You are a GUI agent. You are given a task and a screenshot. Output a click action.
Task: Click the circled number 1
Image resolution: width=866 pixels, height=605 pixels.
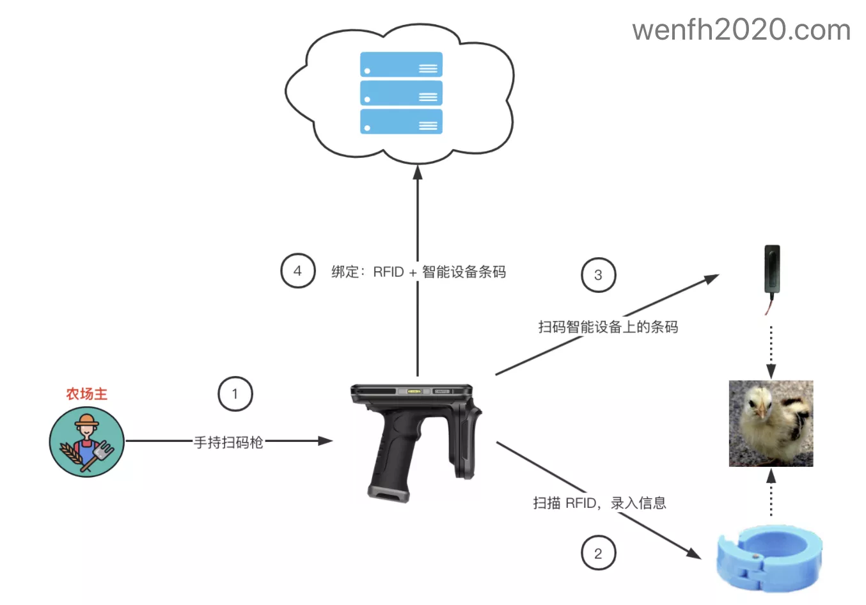coord(235,394)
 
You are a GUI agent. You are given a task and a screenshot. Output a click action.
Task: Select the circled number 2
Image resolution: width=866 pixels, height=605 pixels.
coord(598,553)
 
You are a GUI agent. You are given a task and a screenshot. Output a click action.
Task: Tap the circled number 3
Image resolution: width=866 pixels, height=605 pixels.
coord(598,275)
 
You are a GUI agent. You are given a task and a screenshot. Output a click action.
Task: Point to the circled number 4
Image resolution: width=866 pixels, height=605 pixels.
coord(297,271)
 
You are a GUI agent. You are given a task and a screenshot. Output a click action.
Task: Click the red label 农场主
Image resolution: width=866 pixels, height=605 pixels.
coord(87,394)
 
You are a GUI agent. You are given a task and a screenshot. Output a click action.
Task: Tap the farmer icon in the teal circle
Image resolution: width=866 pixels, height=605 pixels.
coord(87,442)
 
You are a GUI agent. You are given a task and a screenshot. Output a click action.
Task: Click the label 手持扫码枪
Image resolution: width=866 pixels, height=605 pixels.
coord(228,442)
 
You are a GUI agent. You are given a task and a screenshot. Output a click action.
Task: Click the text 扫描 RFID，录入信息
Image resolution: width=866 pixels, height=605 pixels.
coord(599,503)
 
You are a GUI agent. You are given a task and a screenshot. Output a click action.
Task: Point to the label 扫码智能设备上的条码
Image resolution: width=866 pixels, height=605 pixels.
coord(608,327)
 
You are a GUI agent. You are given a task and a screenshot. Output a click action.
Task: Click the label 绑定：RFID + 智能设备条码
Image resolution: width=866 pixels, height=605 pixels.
coord(418,272)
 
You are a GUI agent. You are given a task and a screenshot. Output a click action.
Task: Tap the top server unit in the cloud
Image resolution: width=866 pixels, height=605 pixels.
coord(401,65)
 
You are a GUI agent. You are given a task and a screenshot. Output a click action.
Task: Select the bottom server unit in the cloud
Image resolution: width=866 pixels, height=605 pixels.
coord(401,122)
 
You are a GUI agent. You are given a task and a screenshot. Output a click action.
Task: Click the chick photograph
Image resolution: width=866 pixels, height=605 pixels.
coord(771,423)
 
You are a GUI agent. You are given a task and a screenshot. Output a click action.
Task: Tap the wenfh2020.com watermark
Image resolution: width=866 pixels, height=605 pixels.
coord(741,30)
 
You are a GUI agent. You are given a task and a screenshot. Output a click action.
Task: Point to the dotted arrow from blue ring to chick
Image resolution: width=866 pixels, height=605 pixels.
coord(771,492)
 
